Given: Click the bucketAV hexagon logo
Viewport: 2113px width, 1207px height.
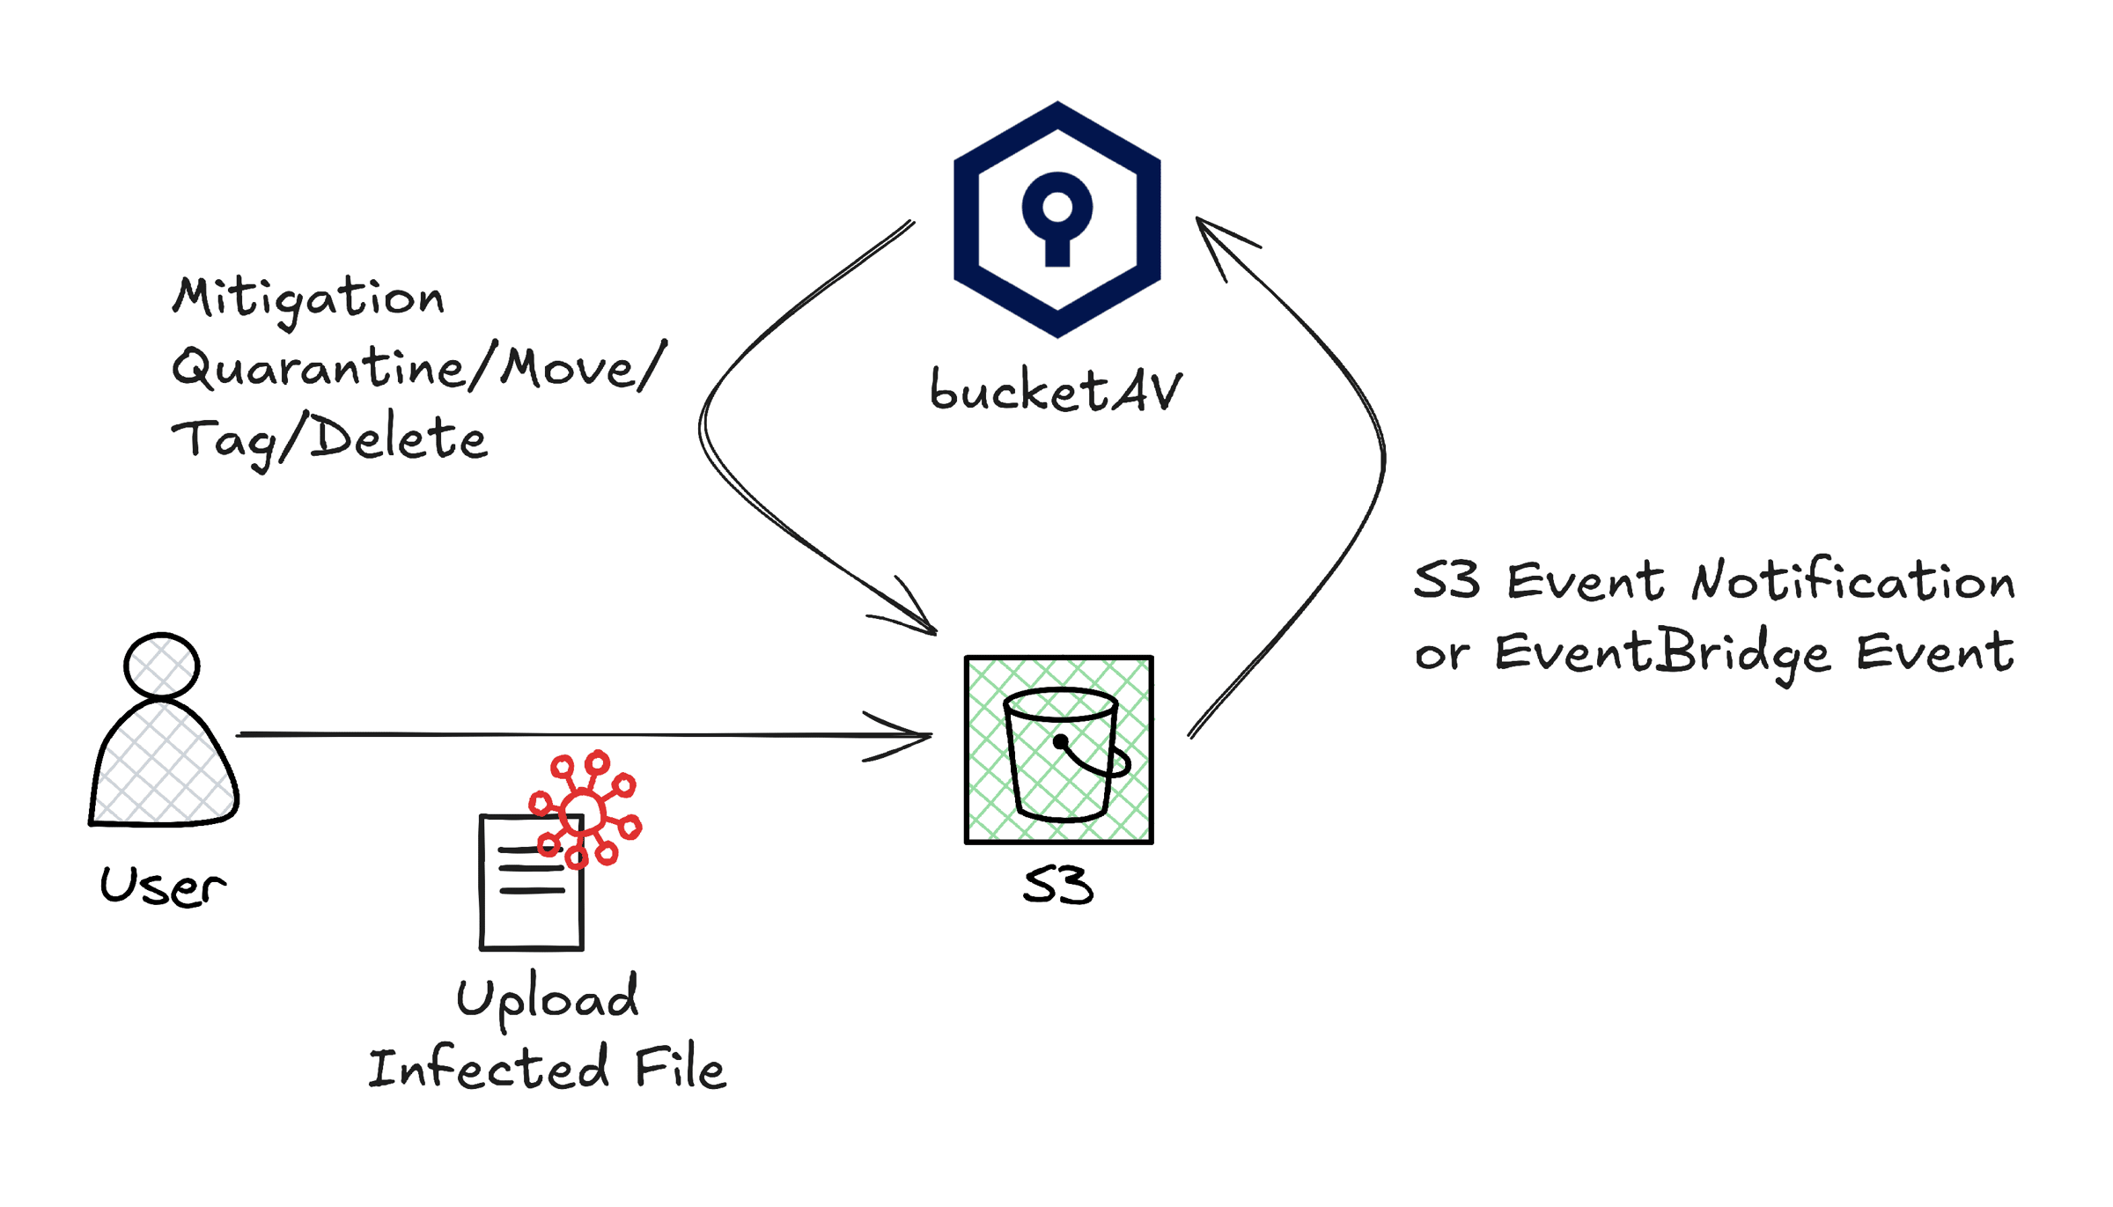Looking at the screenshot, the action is click(1056, 219).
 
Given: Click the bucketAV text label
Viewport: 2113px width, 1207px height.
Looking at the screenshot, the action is click(1056, 390).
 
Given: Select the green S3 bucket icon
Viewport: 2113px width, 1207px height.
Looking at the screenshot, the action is click(1058, 749).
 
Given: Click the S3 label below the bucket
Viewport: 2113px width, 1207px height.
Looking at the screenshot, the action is click(1058, 885).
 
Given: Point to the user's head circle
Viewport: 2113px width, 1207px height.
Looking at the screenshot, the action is click(162, 666).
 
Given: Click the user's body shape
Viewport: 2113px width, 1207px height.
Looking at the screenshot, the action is click(164, 762).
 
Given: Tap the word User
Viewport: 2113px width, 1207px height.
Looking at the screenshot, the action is click(163, 886).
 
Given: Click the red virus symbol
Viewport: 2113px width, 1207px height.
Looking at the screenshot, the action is click(585, 809).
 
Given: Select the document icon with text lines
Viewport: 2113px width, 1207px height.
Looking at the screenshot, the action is click(532, 882).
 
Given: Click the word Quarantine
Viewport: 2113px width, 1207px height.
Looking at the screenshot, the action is click(318, 368).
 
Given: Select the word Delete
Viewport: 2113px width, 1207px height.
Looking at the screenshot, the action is click(399, 438).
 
